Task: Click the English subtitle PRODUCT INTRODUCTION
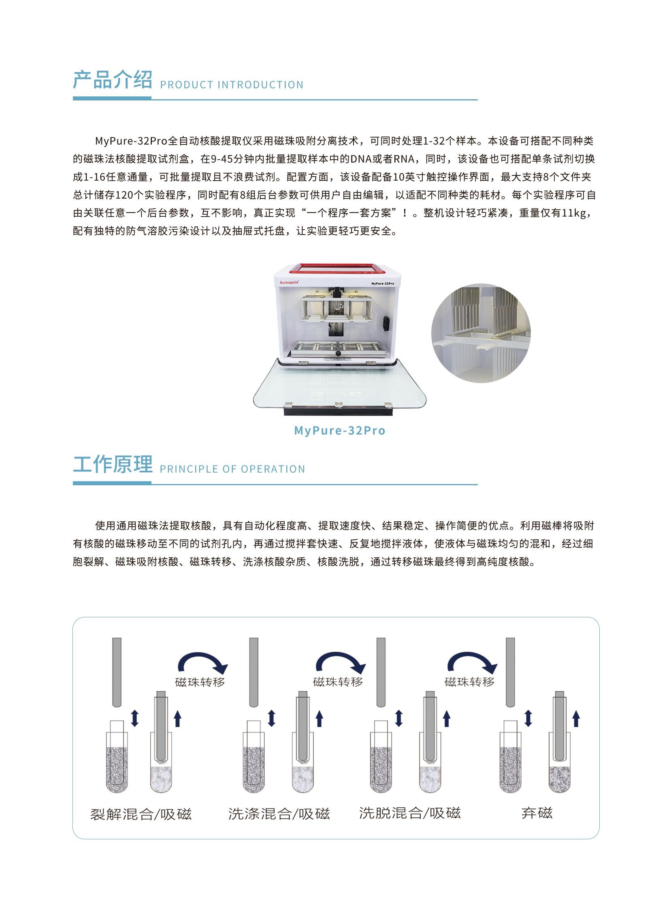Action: (232, 85)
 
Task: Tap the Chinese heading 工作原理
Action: (113, 464)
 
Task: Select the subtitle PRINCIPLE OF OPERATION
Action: (232, 469)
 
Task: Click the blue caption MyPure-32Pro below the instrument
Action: (340, 430)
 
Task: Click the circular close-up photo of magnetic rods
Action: (481, 333)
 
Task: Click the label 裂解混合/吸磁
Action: (141, 814)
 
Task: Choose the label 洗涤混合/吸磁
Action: (279, 814)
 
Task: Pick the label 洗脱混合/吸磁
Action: (410, 813)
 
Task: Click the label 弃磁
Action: (537, 813)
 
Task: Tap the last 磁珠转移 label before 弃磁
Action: (469, 682)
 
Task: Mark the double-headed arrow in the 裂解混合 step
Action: (135, 718)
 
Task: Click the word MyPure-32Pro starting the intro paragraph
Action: (131, 141)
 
